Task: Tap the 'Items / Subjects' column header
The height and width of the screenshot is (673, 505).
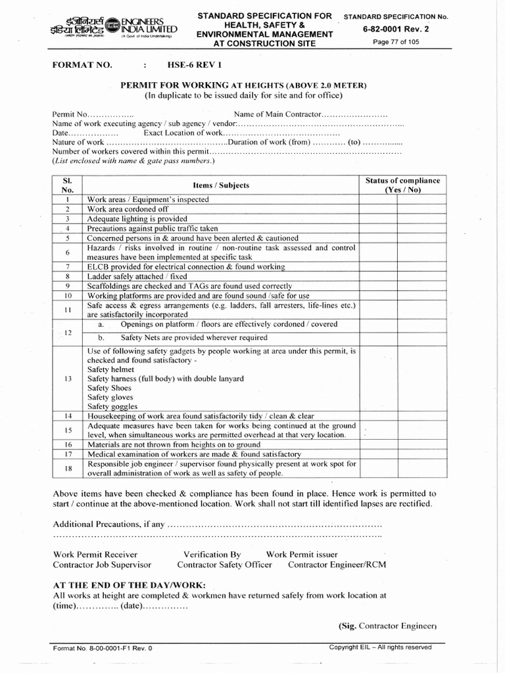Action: click(x=221, y=185)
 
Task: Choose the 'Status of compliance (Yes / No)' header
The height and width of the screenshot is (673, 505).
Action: click(x=402, y=185)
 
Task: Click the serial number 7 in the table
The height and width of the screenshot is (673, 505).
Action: click(x=68, y=267)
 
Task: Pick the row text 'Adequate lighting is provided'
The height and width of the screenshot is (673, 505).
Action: click(x=137, y=219)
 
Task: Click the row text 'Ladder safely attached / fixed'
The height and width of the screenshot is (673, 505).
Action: click(x=137, y=277)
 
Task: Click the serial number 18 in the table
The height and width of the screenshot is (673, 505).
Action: click(x=68, y=468)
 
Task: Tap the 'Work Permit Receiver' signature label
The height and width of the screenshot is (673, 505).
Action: click(x=95, y=555)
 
